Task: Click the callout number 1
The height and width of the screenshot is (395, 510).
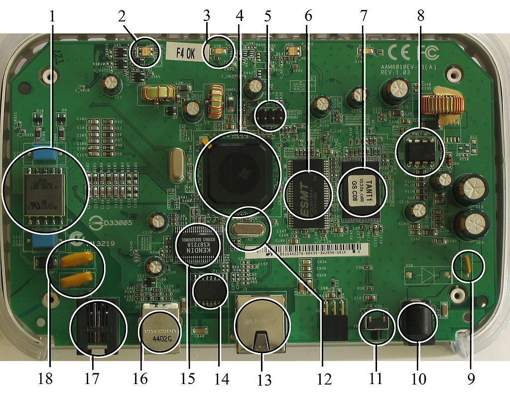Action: pyautogui.click(x=53, y=16)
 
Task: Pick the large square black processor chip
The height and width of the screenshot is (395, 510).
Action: pyautogui.click(x=238, y=171)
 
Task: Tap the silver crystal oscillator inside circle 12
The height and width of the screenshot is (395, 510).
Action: pyautogui.click(x=248, y=229)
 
